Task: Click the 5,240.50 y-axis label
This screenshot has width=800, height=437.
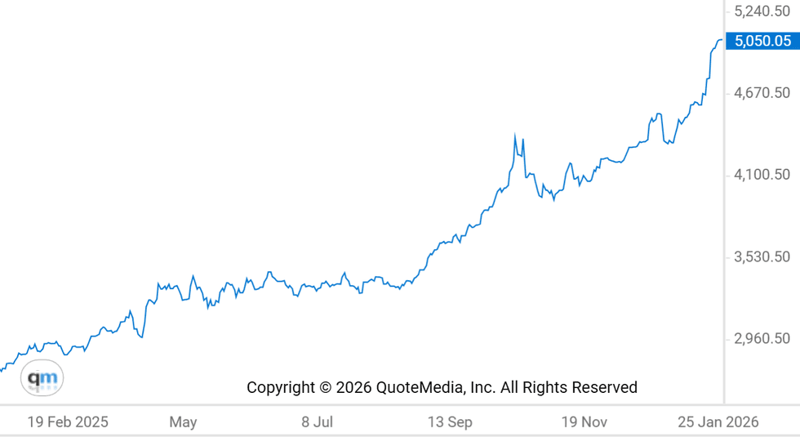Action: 762,11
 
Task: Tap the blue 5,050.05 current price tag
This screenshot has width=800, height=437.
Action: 762,41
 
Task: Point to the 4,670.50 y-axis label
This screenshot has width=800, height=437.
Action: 762,93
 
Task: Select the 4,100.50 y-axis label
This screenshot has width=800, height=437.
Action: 762,175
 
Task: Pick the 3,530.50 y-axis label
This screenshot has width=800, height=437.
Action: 762,256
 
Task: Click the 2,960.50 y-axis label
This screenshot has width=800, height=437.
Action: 762,338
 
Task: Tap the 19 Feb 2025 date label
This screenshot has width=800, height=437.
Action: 67,422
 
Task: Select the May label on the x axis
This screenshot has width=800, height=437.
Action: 183,422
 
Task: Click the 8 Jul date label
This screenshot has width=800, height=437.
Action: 317,422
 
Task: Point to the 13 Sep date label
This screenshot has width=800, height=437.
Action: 450,422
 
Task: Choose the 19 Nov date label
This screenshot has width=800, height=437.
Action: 584,422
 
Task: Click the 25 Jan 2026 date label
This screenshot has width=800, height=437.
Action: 718,422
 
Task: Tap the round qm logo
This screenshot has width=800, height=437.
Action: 42,378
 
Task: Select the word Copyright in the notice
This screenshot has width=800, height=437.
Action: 281,387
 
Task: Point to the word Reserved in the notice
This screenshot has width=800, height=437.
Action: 604,387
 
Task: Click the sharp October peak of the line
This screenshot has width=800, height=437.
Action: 515,135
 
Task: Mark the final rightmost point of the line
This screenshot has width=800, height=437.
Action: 721,40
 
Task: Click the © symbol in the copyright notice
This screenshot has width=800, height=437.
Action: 325,387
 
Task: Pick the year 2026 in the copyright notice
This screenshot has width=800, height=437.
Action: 353,387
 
